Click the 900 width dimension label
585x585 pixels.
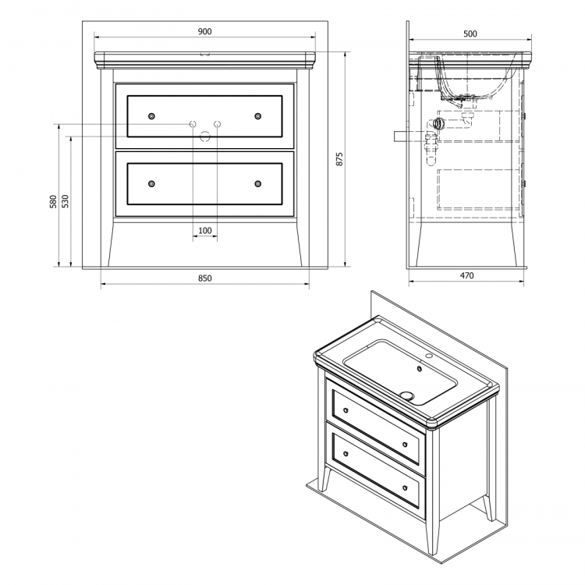(204, 32)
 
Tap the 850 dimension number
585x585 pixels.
(205, 278)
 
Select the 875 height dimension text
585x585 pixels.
(339, 159)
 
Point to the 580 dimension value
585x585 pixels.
(53, 201)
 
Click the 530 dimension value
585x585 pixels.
(65, 201)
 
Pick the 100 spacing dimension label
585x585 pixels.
(205, 231)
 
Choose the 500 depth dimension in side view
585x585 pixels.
(470, 34)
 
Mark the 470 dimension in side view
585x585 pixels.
(466, 275)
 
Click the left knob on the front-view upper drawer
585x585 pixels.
(151, 116)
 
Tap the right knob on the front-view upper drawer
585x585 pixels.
(258, 116)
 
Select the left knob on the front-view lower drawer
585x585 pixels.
(151, 183)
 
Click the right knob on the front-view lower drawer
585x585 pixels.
(258, 183)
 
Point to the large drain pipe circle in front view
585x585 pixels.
(205, 136)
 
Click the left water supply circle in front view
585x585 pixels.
(193, 124)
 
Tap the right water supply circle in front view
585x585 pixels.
(217, 124)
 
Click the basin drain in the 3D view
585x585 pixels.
(406, 395)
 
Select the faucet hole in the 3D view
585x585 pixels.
(429, 356)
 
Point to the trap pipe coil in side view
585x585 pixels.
(439, 122)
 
